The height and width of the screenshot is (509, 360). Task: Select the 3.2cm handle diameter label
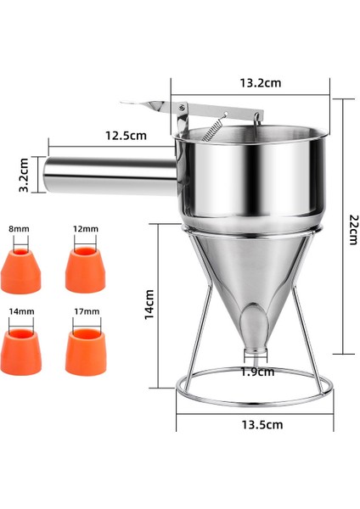point(26,173)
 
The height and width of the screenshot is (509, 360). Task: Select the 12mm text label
point(86,229)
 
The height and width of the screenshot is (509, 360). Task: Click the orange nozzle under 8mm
point(20,267)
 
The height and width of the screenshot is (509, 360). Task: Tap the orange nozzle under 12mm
point(85,269)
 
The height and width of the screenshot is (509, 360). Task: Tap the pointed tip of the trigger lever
point(125,106)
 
